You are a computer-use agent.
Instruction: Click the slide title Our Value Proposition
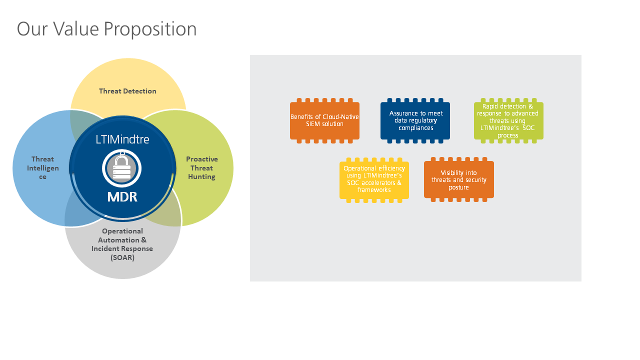pyautogui.click(x=106, y=29)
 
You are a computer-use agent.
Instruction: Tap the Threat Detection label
pyautogui.click(x=127, y=91)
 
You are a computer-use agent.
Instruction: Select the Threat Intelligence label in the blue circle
pyautogui.click(x=42, y=168)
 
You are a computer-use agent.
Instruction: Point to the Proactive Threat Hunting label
pyautogui.click(x=202, y=168)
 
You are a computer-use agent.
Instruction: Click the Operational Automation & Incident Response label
pyautogui.click(x=122, y=244)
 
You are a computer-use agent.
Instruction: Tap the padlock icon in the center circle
pyautogui.click(x=122, y=167)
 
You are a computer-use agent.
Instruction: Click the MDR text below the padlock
pyautogui.click(x=122, y=196)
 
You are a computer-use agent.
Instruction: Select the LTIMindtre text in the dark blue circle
pyautogui.click(x=122, y=139)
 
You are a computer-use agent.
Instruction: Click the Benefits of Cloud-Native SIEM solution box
pyautogui.click(x=324, y=120)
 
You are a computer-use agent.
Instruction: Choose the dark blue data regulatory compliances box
pyautogui.click(x=415, y=120)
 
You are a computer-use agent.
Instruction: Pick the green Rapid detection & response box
pyautogui.click(x=508, y=120)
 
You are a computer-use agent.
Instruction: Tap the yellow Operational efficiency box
pyautogui.click(x=374, y=179)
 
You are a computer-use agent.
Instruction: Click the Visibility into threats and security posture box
pyautogui.click(x=458, y=179)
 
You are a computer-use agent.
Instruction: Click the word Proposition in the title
pyautogui.click(x=150, y=29)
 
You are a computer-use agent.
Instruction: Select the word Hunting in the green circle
pyautogui.click(x=202, y=176)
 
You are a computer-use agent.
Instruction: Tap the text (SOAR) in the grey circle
pyautogui.click(x=122, y=258)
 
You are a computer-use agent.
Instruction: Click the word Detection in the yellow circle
pyautogui.click(x=140, y=91)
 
